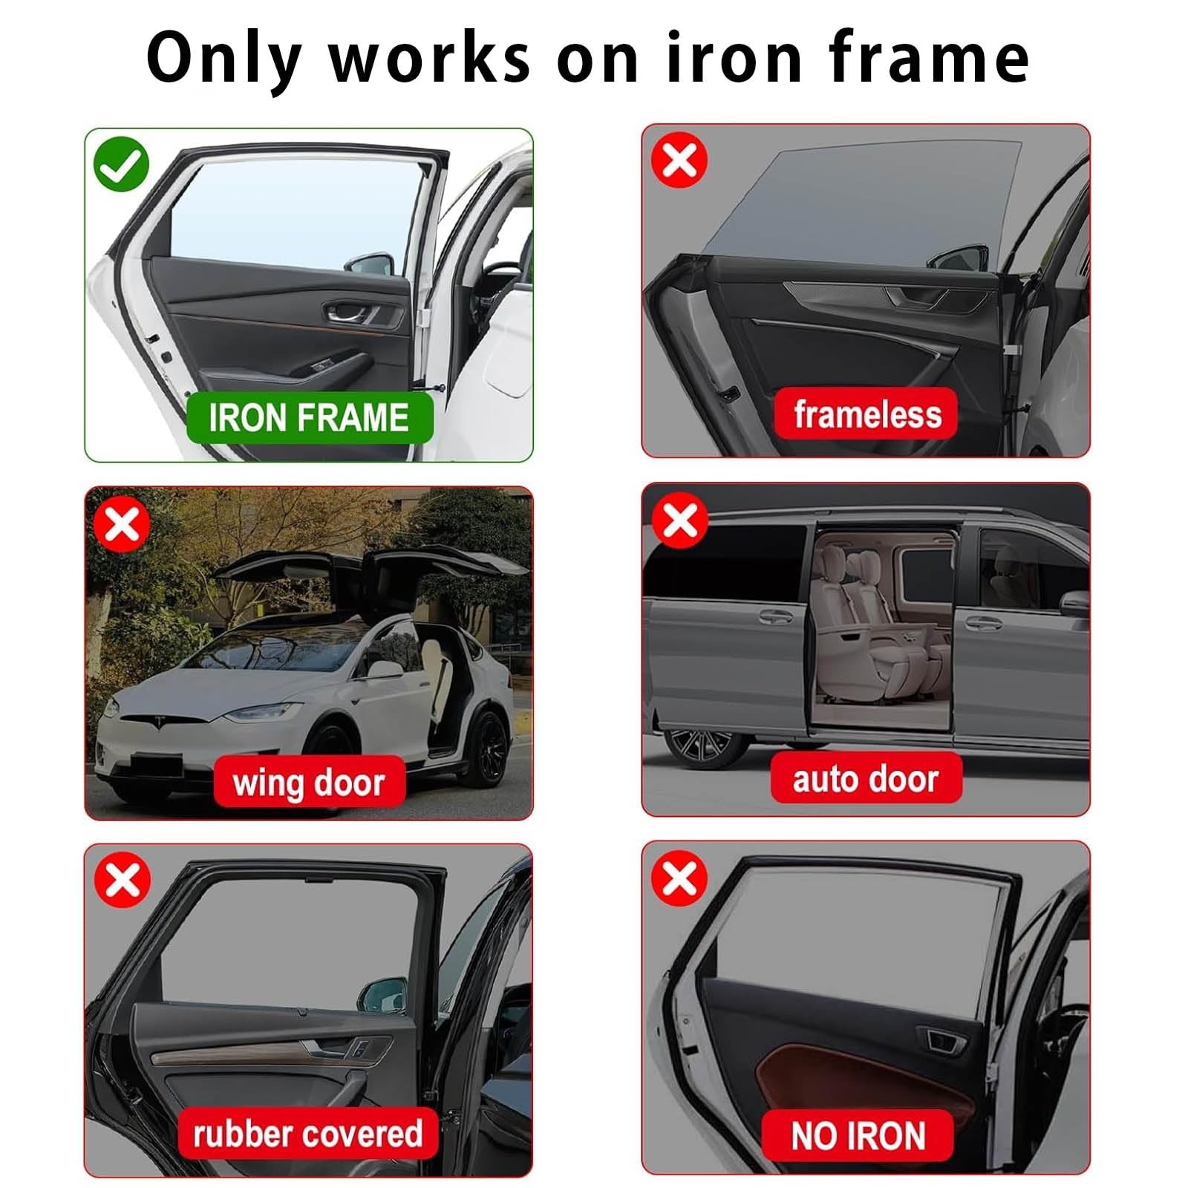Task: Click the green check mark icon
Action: [121, 164]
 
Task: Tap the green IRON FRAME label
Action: [309, 417]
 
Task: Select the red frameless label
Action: [866, 414]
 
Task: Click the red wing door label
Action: [309, 782]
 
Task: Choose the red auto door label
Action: [866, 778]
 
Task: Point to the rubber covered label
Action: [307, 1133]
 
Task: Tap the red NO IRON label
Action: [858, 1135]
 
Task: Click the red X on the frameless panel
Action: [679, 160]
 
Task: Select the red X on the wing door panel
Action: [123, 524]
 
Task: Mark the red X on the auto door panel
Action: [679, 520]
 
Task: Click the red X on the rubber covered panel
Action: [123, 881]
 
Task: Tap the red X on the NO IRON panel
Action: [679, 879]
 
